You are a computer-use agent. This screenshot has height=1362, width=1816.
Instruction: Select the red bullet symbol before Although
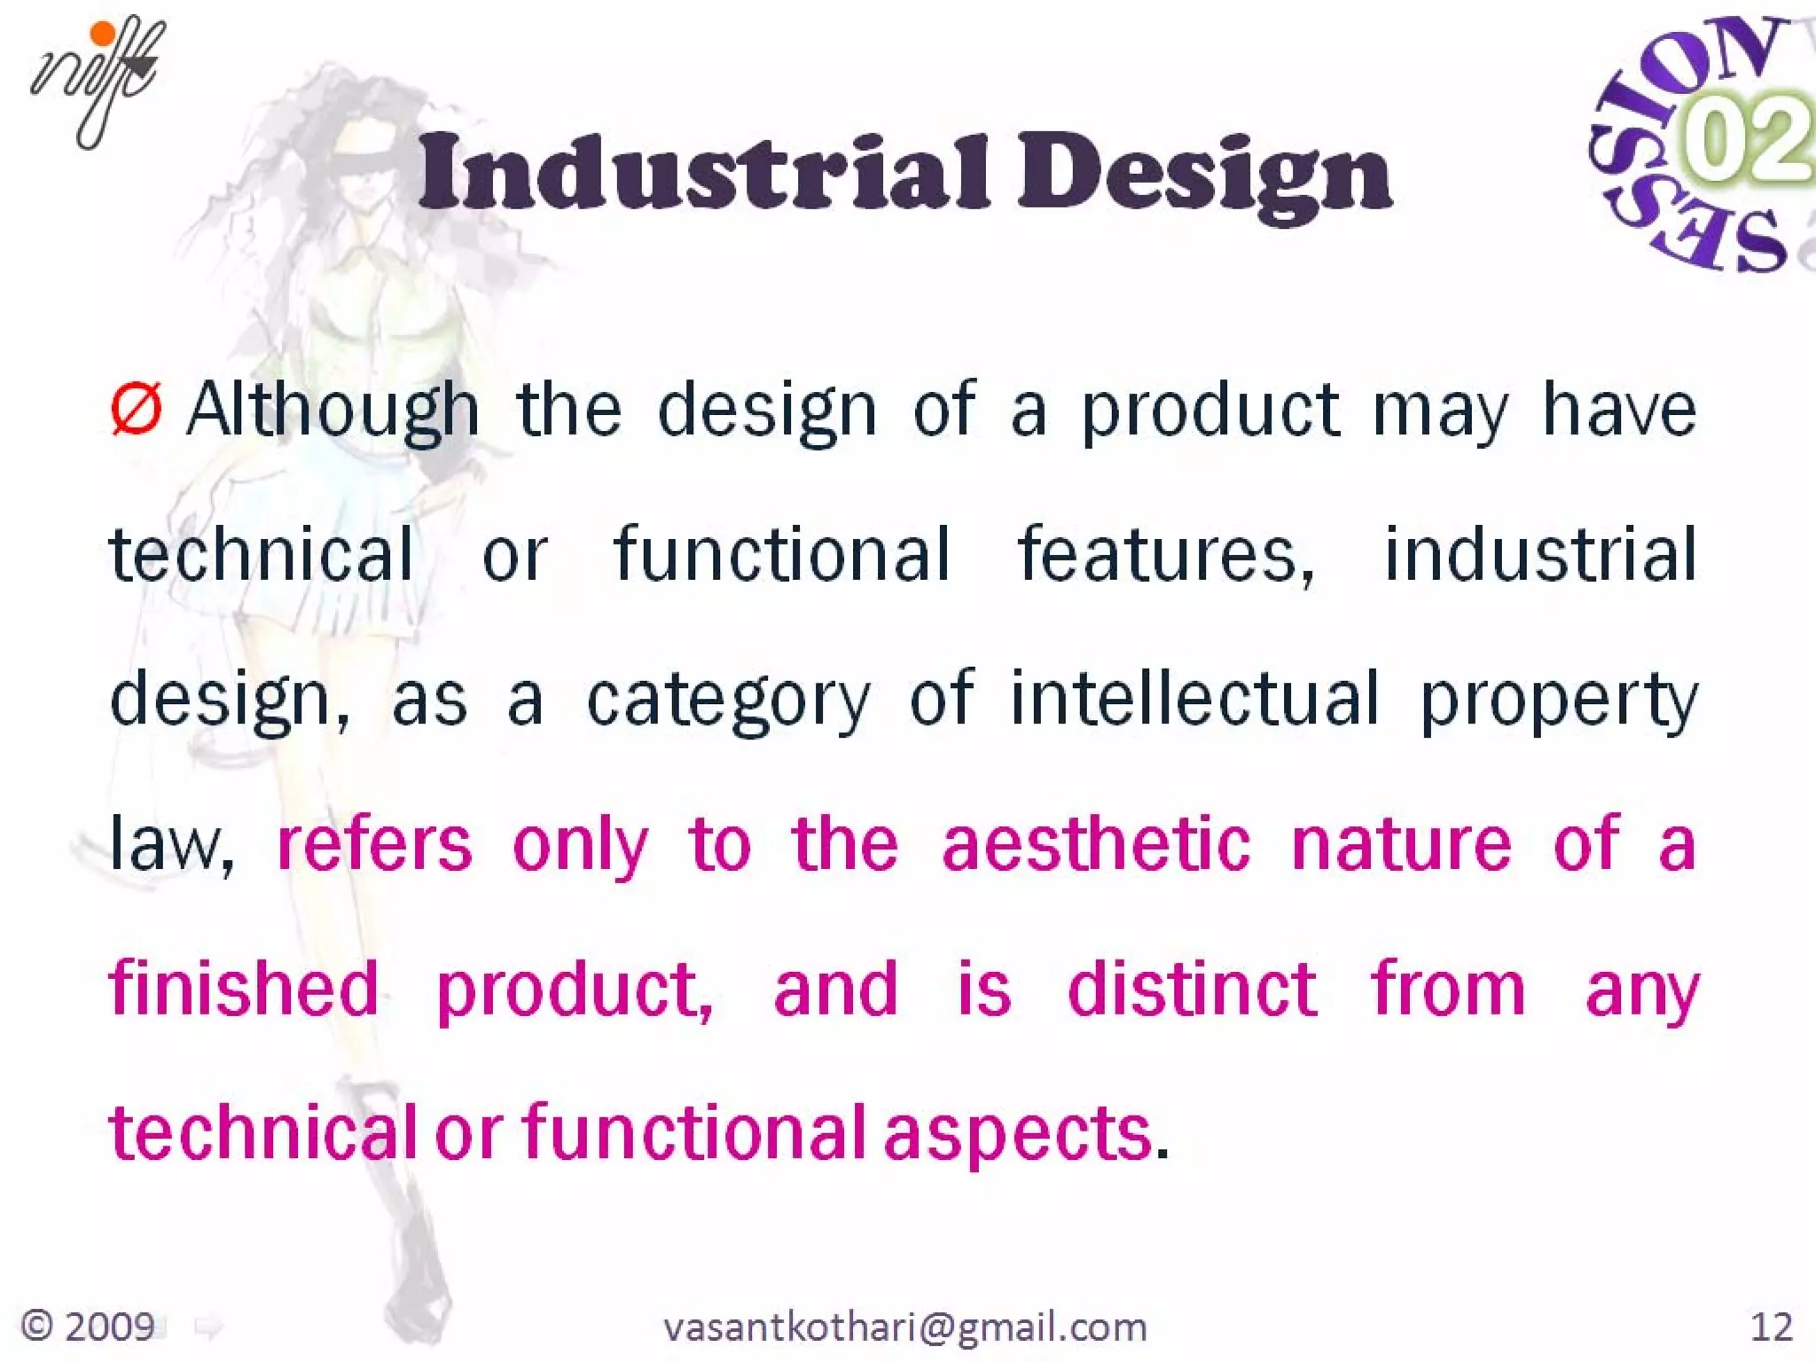137,410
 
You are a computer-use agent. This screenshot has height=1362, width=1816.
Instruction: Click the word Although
333,410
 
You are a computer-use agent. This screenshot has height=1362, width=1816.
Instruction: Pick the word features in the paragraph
1165,554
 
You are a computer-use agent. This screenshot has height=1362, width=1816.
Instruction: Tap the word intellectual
1194,699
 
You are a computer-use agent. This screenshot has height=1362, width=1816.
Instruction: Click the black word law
170,844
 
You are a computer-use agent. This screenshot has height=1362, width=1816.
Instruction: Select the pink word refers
374,844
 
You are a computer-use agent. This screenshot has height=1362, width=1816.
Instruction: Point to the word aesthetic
1096,844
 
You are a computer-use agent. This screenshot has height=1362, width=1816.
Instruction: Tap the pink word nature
1401,844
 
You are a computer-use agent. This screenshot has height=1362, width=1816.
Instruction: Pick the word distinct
1192,988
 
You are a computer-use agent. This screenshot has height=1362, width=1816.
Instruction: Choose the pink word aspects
1017,1133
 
